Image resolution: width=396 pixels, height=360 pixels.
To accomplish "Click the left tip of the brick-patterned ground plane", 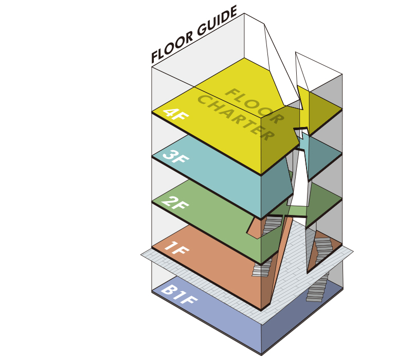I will point(142,254).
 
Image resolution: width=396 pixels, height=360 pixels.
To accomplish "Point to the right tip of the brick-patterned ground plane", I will point(353,251).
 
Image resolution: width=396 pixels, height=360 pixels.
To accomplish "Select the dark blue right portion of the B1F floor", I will point(303,324).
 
